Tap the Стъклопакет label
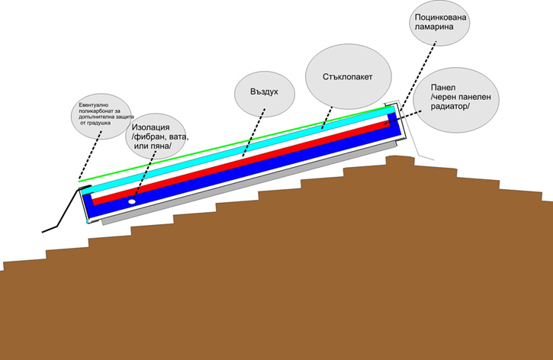[348, 76]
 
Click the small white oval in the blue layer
[131, 202]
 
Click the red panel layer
[252, 163]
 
